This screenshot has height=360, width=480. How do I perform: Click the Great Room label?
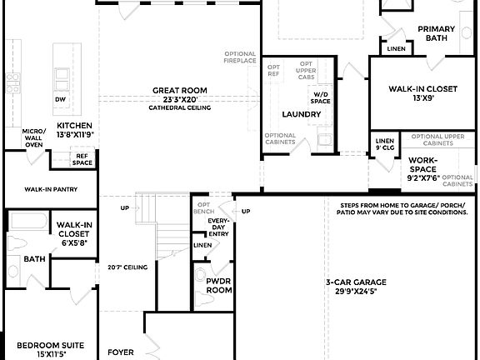click(x=179, y=90)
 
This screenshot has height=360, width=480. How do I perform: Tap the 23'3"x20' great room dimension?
click(x=179, y=99)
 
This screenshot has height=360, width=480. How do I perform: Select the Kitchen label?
click(x=73, y=125)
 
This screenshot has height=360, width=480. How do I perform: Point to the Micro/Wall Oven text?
click(x=33, y=137)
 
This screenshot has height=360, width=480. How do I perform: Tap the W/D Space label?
click(x=321, y=97)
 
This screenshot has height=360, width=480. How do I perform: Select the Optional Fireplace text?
click(x=239, y=57)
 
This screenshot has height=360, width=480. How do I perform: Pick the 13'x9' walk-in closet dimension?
click(x=423, y=97)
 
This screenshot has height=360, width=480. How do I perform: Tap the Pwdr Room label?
click(x=218, y=286)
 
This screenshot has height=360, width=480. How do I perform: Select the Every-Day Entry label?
click(x=217, y=226)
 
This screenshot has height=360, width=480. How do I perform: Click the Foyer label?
click(x=121, y=352)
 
